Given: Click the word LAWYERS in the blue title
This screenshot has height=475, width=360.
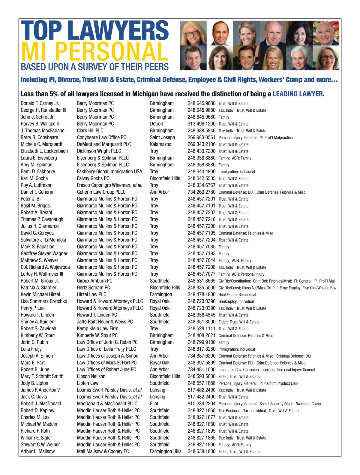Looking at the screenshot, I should [120, 31].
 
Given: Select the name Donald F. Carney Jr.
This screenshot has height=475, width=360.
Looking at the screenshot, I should [40, 103].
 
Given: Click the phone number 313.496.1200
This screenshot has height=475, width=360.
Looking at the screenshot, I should [201, 124].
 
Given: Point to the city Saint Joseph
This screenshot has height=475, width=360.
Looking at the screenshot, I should [162, 138].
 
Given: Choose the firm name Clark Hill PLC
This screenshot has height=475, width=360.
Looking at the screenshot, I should [90, 131].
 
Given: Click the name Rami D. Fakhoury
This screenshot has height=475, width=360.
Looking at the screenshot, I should [38, 171].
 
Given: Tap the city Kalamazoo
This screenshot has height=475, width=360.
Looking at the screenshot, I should [160, 144].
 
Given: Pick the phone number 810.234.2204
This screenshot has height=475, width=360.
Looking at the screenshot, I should [201, 404].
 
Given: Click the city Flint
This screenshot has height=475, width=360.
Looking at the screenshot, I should [154, 404].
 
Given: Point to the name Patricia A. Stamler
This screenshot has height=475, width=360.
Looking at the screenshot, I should [38, 288].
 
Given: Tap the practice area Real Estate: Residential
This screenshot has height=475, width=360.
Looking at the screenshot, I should [237, 295].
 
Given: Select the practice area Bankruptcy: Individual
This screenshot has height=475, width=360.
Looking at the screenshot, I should [236, 301].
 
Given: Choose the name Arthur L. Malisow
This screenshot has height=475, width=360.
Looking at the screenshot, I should [38, 451].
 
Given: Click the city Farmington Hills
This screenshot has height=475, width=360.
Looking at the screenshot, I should [166, 451].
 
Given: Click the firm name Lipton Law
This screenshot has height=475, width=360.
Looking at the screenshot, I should [88, 383].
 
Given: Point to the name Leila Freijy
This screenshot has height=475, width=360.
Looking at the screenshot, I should [31, 349].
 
